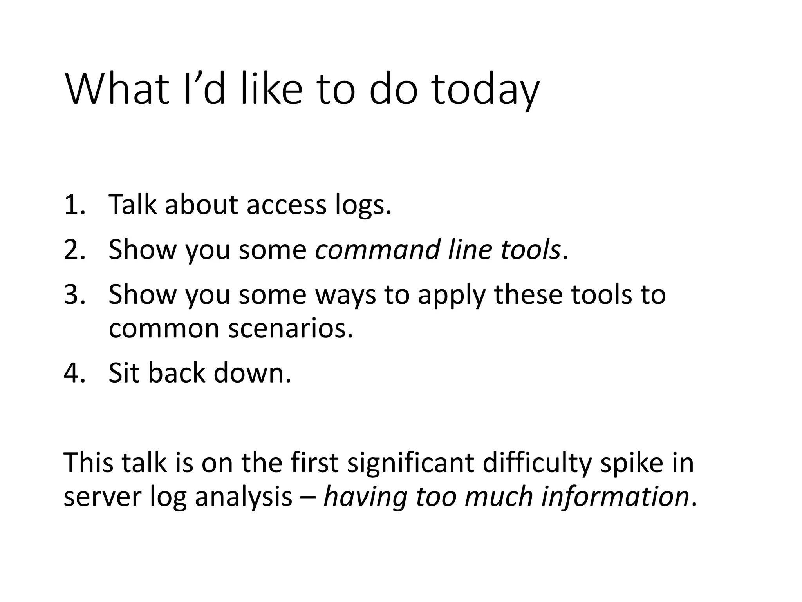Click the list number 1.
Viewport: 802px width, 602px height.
coord(74,205)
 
